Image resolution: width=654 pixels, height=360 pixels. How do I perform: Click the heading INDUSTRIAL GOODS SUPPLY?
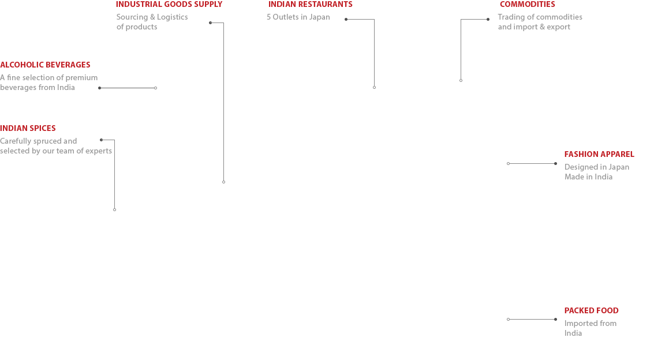(169, 5)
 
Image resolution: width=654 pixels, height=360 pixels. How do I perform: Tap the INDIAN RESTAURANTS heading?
(311, 5)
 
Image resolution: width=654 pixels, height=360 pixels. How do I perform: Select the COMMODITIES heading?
(527, 5)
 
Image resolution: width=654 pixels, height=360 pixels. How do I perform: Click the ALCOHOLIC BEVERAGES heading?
(45, 65)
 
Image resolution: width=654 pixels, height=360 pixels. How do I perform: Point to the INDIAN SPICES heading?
(28, 128)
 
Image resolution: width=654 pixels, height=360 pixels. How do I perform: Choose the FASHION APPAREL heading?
(599, 154)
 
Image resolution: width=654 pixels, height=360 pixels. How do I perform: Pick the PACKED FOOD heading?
(592, 310)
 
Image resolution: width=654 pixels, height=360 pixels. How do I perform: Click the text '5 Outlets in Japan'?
(298, 17)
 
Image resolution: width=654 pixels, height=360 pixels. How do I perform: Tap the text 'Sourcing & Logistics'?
(152, 17)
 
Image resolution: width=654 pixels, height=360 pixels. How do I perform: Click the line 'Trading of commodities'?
(540, 17)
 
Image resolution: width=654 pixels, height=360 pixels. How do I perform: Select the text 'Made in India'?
(589, 177)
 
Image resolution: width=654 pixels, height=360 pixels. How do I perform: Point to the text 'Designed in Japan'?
(597, 167)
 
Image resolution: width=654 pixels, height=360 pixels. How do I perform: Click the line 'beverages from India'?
(38, 88)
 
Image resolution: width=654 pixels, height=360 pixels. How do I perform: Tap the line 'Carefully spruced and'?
(38, 141)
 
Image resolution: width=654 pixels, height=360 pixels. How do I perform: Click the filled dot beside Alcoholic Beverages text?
(100, 88)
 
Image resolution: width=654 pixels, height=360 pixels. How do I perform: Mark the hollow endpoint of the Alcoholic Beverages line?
(156, 88)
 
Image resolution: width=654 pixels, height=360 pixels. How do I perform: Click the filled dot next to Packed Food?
(555, 320)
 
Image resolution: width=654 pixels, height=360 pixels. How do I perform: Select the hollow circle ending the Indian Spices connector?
(115, 209)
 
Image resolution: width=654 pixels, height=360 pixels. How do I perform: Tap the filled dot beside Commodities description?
(488, 19)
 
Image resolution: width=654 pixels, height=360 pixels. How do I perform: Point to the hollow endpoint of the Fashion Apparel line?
(508, 164)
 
